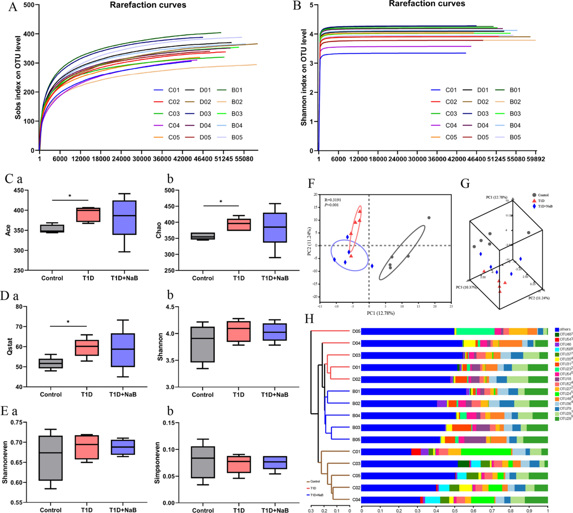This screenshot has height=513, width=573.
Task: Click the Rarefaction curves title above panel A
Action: (x=148, y=5)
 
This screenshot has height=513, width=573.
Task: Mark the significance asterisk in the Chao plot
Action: (x=221, y=202)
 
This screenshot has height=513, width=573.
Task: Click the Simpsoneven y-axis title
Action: (x=158, y=462)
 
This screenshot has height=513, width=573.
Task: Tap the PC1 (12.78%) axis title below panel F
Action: (x=381, y=313)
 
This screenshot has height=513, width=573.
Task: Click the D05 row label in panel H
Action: (x=356, y=331)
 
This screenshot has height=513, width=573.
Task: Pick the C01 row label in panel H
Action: (x=356, y=452)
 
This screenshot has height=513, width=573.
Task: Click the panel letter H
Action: (x=309, y=318)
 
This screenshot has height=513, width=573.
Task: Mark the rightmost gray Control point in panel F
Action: (x=429, y=218)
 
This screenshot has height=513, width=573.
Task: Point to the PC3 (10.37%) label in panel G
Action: (x=467, y=288)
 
